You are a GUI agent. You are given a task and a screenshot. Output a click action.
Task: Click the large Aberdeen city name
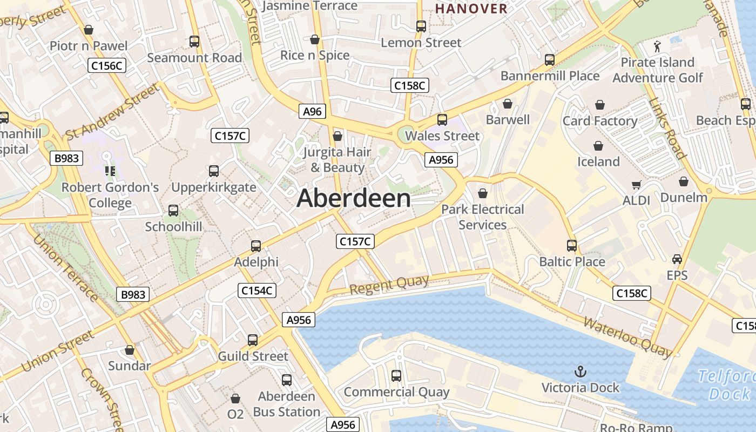[354, 199]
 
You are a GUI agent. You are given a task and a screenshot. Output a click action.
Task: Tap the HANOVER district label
[471, 9]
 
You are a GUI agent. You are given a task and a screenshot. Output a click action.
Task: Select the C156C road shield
[107, 66]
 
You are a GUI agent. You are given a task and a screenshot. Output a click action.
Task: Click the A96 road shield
[312, 112]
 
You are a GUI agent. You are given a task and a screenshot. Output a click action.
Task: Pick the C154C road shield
[257, 291]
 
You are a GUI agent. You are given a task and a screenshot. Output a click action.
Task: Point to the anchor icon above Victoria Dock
[580, 372]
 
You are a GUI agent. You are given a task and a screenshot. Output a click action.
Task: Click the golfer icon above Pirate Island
[657, 46]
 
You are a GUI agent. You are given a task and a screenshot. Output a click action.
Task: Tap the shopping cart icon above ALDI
[637, 185]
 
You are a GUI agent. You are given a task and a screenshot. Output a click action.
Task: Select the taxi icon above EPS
[677, 259]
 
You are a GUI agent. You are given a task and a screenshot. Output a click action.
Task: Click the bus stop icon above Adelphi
[256, 246]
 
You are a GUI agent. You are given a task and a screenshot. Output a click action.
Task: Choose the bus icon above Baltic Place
[572, 246]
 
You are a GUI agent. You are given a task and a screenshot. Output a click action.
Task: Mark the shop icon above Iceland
[598, 146]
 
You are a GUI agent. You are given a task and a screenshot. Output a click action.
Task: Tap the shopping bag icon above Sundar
[130, 350]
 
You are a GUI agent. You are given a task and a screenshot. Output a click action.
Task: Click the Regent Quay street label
[389, 285]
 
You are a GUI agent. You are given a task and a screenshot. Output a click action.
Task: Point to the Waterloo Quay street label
[627, 337]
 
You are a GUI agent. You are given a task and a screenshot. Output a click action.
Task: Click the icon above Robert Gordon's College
[110, 172]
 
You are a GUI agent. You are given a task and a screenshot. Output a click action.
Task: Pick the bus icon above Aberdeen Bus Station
[287, 380]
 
